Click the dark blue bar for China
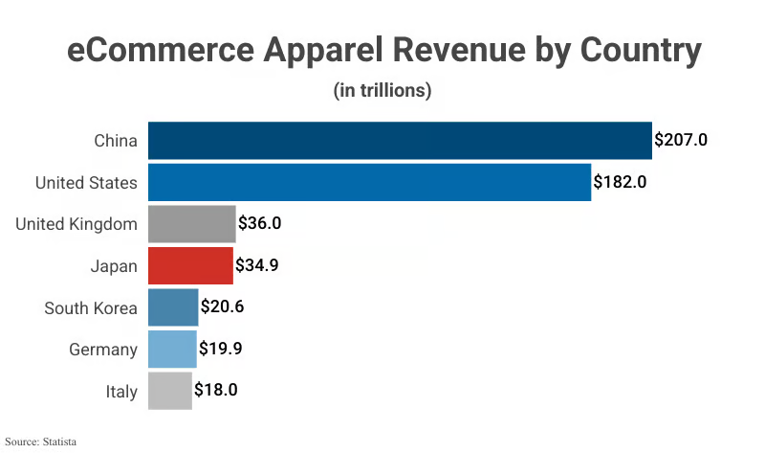[400, 141]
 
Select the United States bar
[369, 182]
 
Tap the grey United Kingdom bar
[191, 224]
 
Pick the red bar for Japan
[190, 265]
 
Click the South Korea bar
[173, 307]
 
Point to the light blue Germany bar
[172, 350]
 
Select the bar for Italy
[170, 391]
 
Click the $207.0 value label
[681, 140]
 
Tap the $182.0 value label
[621, 182]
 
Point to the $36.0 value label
[265, 224]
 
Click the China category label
[116, 141]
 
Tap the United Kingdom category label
[76, 224]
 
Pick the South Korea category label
[91, 307]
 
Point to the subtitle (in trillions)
[382, 91]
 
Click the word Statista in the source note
[58, 442]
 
